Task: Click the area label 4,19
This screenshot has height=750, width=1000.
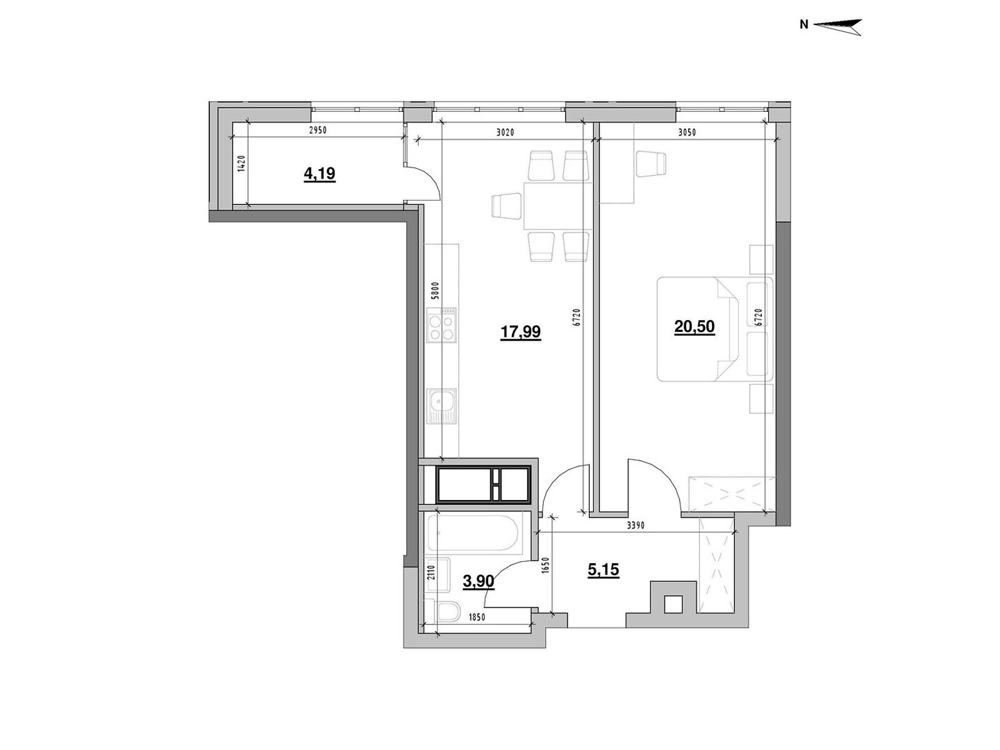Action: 319,174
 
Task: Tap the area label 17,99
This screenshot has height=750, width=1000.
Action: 520,332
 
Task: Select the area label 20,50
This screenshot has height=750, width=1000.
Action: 694,327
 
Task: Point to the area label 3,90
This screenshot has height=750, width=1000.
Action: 478,581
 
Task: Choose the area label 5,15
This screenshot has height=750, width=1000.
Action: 603,569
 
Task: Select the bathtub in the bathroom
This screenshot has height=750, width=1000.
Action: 474,532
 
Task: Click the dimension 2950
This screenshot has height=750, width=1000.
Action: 318,130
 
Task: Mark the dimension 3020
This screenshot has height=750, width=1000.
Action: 505,132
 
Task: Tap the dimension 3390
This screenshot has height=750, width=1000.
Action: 636,526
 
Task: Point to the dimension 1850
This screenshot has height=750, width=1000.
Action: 477,617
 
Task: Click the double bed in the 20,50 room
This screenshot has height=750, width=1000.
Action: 715,328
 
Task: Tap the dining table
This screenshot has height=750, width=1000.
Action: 558,206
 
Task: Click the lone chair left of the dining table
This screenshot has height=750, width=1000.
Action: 506,206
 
